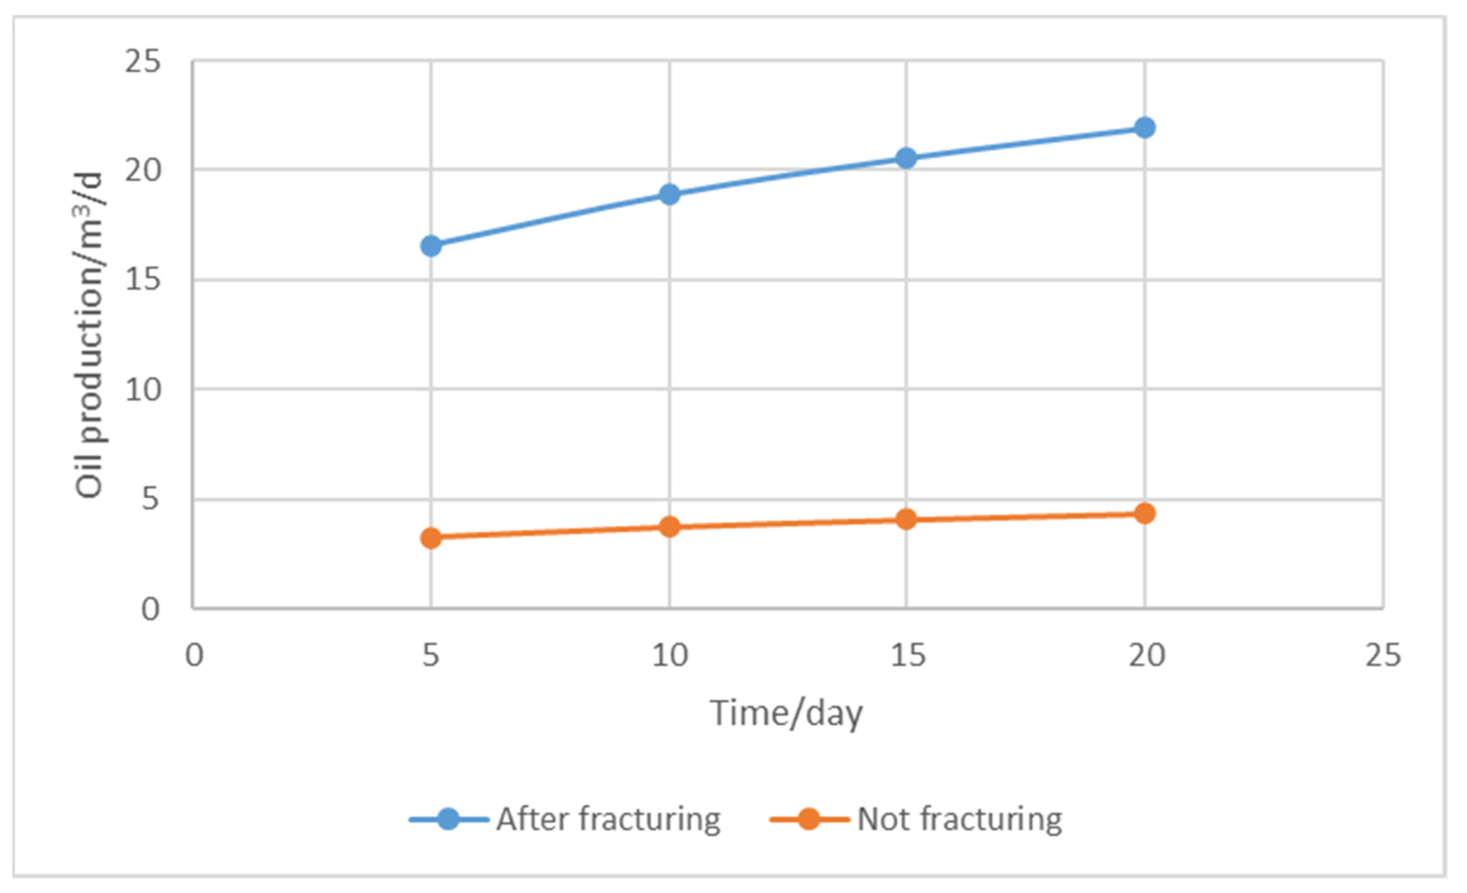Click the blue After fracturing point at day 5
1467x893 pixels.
click(431, 245)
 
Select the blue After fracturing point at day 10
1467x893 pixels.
click(669, 194)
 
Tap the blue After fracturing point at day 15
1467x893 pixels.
click(906, 158)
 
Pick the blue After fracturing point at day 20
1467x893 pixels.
click(1144, 127)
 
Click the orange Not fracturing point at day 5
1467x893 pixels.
click(431, 538)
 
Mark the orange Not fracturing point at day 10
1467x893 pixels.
click(669, 526)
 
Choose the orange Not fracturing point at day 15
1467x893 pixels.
click(906, 519)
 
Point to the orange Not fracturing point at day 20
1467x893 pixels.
click(1144, 513)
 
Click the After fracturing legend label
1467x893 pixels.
click(608, 819)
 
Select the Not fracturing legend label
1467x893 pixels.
click(959, 819)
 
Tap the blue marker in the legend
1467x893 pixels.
click(448, 819)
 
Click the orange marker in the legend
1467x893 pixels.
click(809, 819)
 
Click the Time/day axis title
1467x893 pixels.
click(786, 713)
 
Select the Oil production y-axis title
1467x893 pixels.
click(89, 335)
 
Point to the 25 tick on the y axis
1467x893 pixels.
click(143, 62)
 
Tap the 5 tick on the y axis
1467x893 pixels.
click(151, 499)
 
